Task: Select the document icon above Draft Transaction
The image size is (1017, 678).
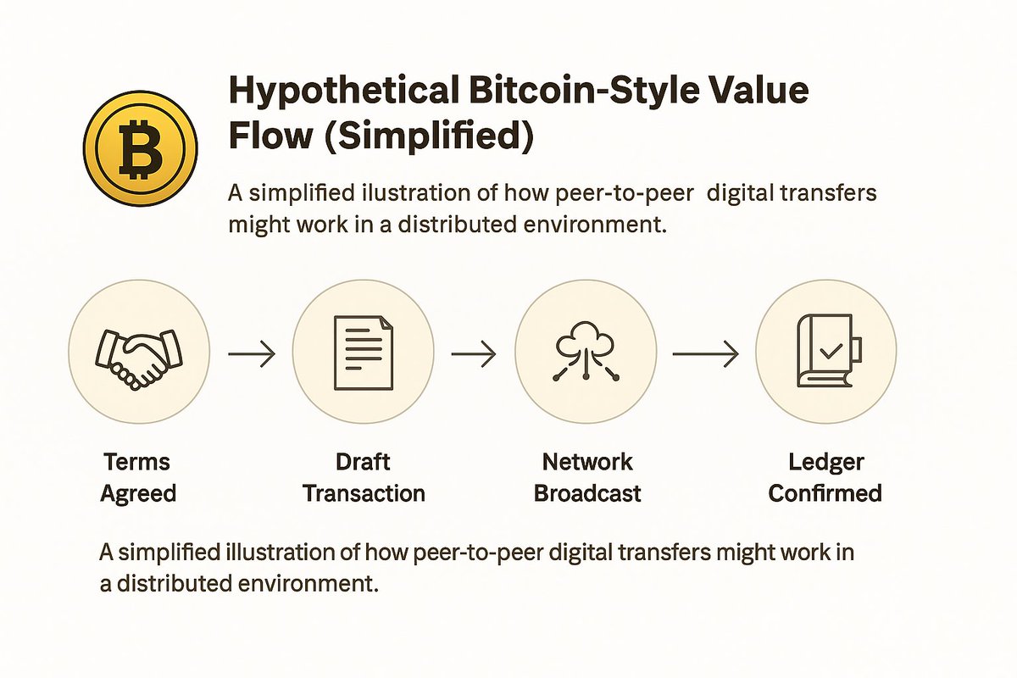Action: tap(363, 353)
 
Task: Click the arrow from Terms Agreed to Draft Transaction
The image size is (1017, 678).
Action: tap(252, 355)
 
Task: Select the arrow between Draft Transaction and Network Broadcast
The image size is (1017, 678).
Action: tap(474, 355)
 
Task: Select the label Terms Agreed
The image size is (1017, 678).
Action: tap(137, 477)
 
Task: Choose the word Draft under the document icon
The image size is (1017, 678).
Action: tap(364, 463)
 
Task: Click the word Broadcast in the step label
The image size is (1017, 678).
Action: tap(587, 492)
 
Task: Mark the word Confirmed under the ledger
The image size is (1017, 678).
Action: tap(825, 492)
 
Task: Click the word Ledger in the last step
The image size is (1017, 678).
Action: tap(825, 463)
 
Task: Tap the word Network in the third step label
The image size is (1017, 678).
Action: tap(587, 463)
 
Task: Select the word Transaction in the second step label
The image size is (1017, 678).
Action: tap(364, 492)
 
